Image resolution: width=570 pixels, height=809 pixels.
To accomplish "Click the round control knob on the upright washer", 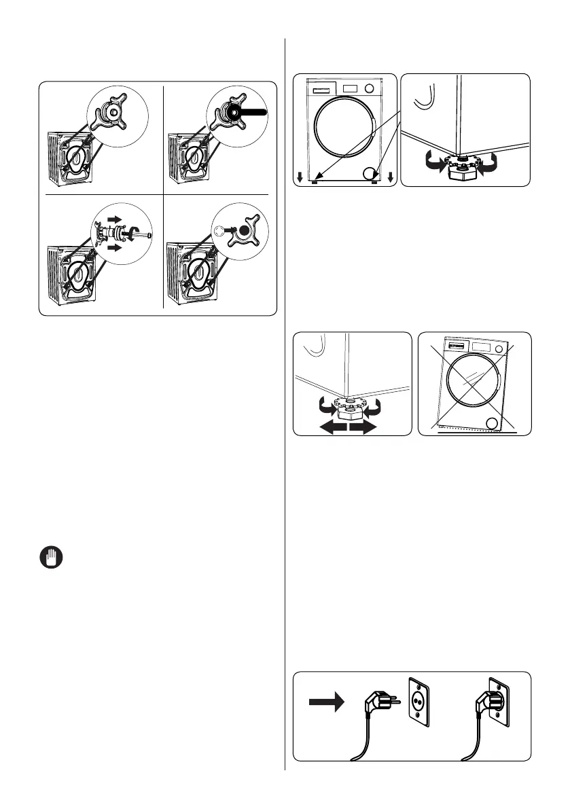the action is [370, 88].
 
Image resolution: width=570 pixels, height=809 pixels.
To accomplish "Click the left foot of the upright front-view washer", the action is [315, 181].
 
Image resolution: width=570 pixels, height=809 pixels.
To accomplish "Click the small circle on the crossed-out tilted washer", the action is [492, 425].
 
